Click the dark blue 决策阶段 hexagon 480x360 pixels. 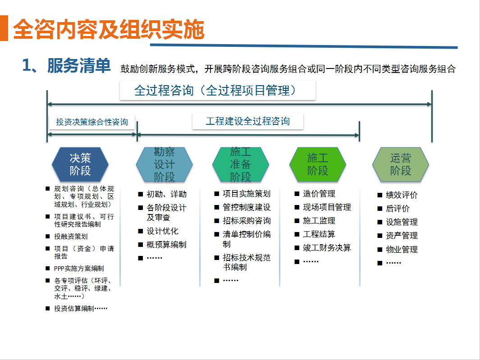coord(80,164)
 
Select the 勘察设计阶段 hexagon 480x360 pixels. coord(165,164)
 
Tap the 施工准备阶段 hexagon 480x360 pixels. coord(241,164)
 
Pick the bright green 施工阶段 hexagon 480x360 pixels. coord(318,164)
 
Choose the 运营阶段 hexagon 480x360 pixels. coord(401,164)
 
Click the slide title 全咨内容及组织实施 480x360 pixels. coord(109,29)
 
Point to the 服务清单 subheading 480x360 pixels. coord(79,65)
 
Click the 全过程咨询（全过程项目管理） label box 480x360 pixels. coord(217,90)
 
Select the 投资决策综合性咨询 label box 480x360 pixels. coord(92,122)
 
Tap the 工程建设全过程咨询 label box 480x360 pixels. coord(247,121)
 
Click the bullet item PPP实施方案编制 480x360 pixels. coord(79,269)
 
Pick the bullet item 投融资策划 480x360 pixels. coord(71,237)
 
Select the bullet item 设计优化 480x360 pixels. coord(162,231)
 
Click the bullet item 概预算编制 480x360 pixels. coord(166,245)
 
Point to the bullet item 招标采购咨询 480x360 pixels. coord(247,221)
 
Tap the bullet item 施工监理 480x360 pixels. coord(319,221)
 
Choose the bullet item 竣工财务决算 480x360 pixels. coord(327,248)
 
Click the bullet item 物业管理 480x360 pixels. coord(402,250)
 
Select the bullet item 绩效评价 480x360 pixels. coord(402,195)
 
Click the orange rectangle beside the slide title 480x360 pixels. coord(4,28)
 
